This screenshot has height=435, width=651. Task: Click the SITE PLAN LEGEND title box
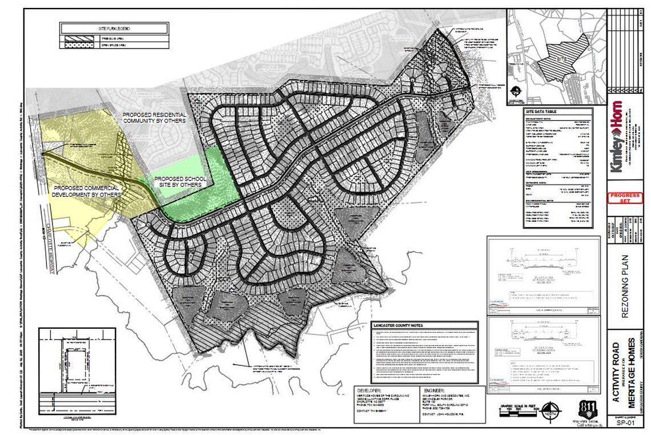pos(114,27)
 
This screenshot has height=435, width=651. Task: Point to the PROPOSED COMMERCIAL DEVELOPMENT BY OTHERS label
pos(87,191)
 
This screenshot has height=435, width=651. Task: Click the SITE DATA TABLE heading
pos(541,111)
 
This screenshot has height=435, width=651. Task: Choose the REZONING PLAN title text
pos(625,281)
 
